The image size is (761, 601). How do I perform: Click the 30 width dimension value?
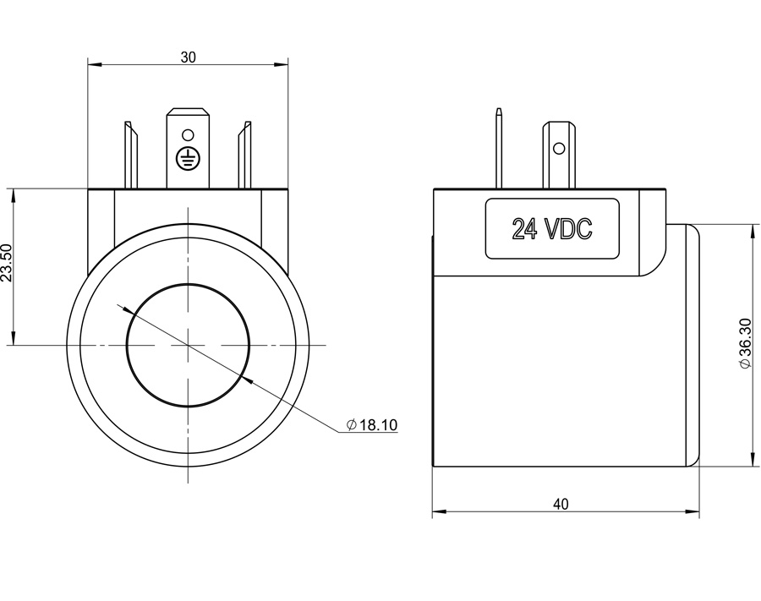(x=188, y=57)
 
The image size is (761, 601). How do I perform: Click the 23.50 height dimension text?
(x=7, y=263)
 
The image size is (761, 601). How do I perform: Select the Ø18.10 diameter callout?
(x=372, y=425)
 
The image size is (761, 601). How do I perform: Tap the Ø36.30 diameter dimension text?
(x=745, y=342)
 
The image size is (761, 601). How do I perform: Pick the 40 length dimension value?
(x=561, y=504)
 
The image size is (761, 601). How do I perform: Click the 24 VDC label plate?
(x=551, y=228)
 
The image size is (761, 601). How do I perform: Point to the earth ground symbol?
(x=187, y=157)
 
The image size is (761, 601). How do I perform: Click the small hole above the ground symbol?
(x=188, y=134)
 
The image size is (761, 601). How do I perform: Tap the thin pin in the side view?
(x=499, y=148)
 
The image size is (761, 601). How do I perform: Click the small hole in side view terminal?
(x=559, y=148)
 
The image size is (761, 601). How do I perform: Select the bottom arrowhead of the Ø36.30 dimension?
(x=753, y=461)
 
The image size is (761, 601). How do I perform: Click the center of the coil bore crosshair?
(x=188, y=345)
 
